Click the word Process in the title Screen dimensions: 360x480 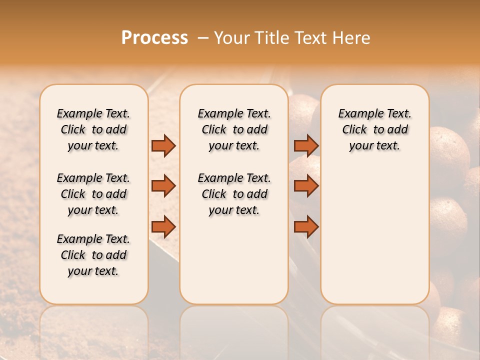[x=154, y=38]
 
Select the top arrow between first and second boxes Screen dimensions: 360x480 [x=163, y=145]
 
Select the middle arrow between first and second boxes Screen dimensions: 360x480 [x=163, y=186]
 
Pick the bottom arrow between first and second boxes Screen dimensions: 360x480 [x=163, y=226]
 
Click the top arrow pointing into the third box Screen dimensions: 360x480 [x=306, y=145]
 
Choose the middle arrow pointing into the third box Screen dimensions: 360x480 [x=306, y=186]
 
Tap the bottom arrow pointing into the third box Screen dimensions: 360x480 [x=306, y=226]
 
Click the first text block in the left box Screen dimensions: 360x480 [x=93, y=129]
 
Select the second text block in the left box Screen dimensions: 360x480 [x=93, y=194]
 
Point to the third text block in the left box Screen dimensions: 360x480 [x=93, y=255]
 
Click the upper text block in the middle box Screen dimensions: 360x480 [x=234, y=129]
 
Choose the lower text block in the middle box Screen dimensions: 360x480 [x=234, y=194]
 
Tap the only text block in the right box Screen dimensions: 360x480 [x=374, y=129]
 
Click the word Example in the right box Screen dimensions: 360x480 [x=356, y=114]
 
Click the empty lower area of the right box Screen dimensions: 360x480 [x=374, y=235]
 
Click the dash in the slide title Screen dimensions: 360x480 [x=203, y=38]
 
